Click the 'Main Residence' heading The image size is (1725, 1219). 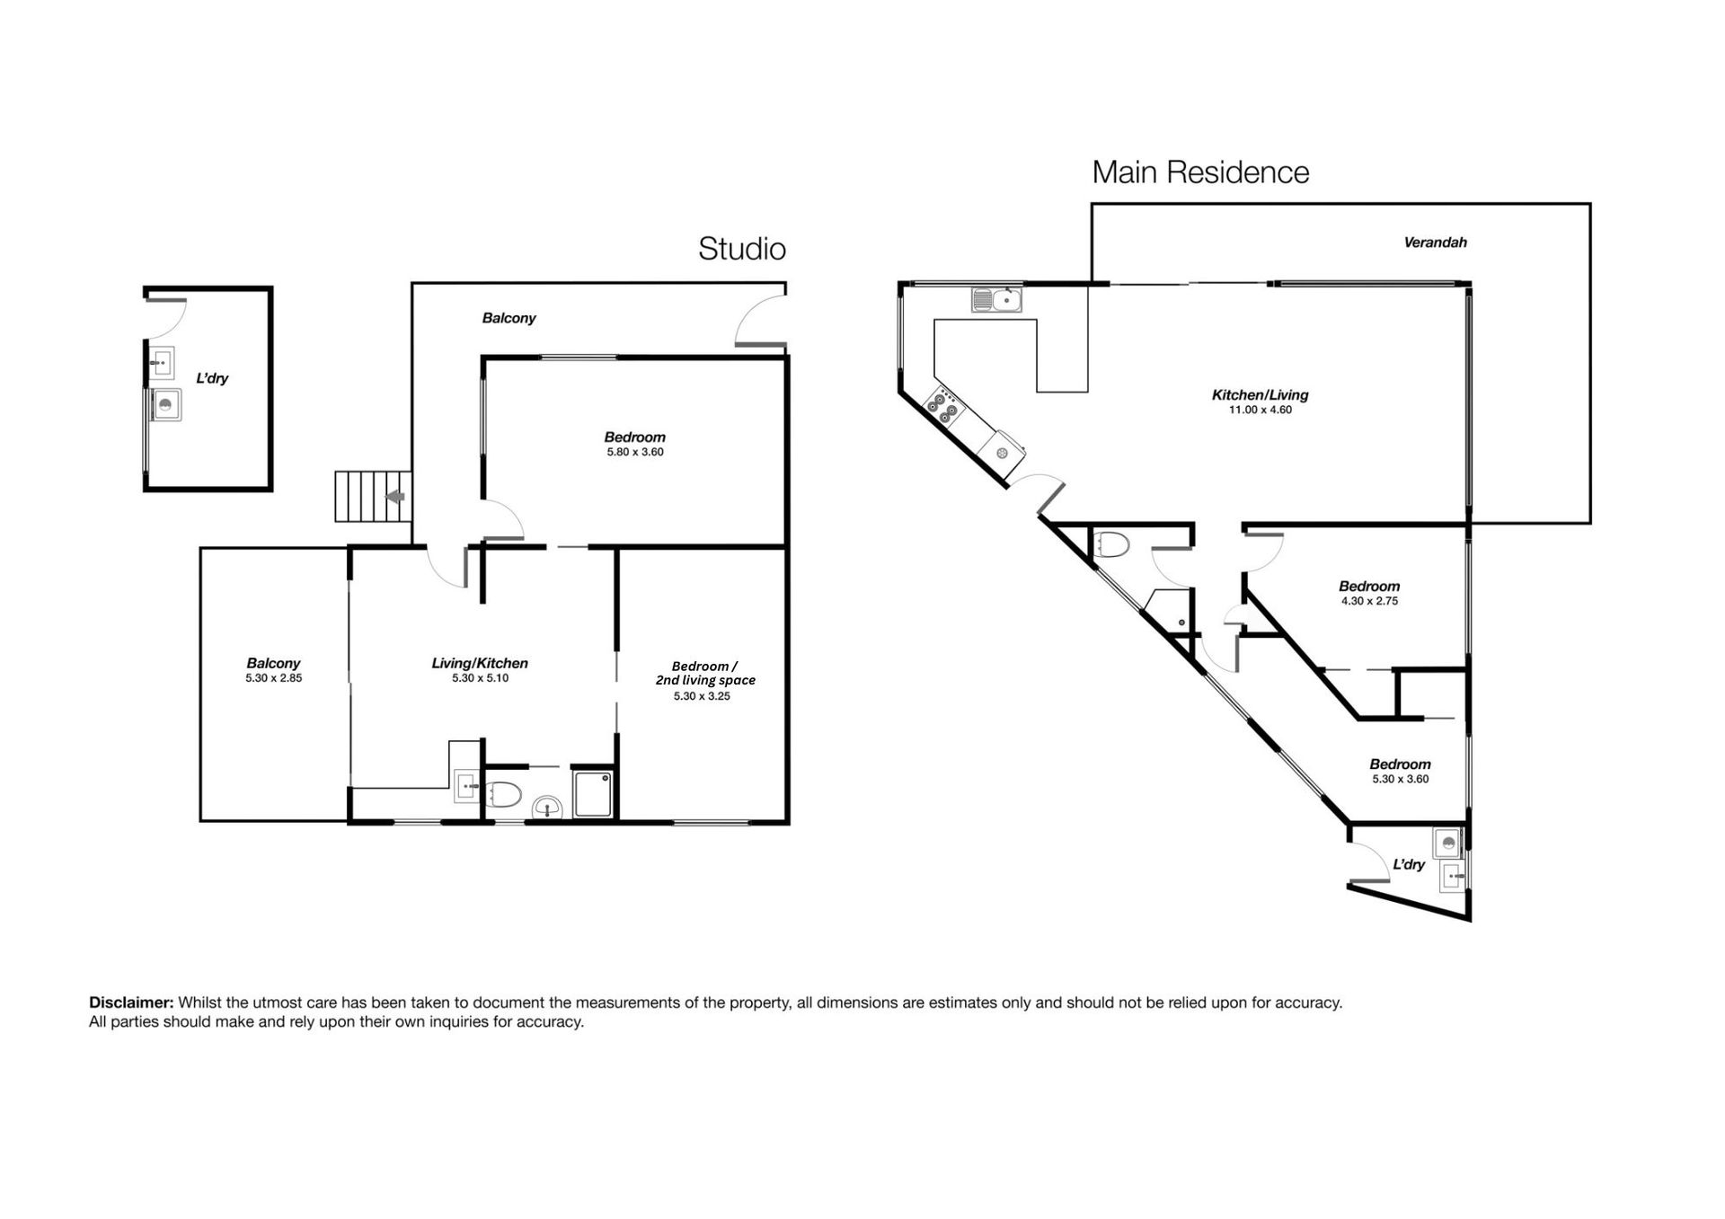point(1200,172)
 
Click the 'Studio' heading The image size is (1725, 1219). point(742,249)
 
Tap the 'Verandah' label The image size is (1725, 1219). point(1435,242)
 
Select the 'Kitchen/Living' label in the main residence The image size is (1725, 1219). point(1260,394)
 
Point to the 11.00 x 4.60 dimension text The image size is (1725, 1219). point(1260,410)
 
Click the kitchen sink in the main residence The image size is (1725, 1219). point(996,299)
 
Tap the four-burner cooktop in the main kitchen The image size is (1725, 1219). point(945,406)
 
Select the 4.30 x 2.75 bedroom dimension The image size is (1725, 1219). point(1369,601)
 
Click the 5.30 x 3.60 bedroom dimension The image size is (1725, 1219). point(1400,779)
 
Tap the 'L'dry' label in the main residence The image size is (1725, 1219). point(1409,864)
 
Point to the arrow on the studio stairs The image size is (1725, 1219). point(395,497)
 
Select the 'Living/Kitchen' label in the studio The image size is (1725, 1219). point(480,663)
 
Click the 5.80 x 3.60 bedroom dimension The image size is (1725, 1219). point(635,452)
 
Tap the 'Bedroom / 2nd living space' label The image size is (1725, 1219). point(705,673)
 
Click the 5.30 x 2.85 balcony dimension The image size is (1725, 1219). point(274,678)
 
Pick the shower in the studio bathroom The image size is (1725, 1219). point(594,794)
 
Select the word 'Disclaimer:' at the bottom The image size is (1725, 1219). point(131,1003)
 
